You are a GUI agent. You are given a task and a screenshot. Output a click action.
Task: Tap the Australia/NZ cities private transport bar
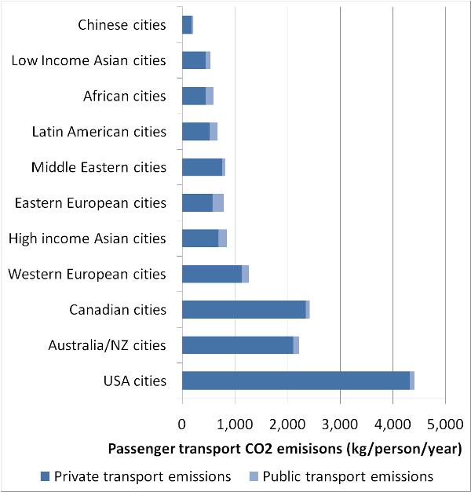coord(237,345)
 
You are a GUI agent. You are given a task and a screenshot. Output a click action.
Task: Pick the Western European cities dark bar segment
coord(211,274)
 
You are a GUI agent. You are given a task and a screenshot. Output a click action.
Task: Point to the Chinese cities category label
coord(122,25)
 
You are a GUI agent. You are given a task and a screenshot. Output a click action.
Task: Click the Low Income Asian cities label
coord(89,60)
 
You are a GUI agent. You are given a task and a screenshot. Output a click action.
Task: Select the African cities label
coord(125,97)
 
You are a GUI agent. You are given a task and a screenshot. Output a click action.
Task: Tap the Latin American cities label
coord(99,132)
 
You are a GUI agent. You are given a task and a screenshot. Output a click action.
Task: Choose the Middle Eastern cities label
coord(99,167)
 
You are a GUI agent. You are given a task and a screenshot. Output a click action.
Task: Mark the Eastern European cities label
coord(90,203)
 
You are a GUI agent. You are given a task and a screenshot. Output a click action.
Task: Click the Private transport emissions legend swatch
coord(44,476)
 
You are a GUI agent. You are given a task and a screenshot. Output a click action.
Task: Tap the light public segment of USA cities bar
coord(412,381)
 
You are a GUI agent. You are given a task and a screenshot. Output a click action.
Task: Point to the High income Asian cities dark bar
coord(199,239)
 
